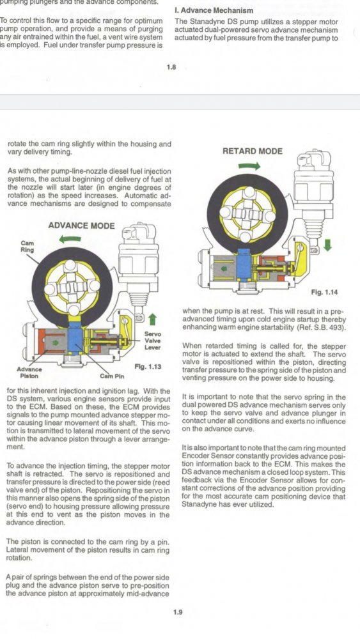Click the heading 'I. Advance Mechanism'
coord(214,10)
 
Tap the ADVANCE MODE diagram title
coord(82,226)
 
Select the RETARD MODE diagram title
coord(253,151)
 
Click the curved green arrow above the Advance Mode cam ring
coord(70,240)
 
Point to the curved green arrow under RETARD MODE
coord(249,166)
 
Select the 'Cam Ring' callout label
coord(27,246)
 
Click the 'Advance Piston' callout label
coord(29,373)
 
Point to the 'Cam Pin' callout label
coord(112,376)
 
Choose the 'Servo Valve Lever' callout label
coord(152,341)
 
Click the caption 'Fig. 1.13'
coord(148,367)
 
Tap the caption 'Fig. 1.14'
coord(324,292)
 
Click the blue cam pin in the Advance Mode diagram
coord(75,336)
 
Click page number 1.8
coord(171,68)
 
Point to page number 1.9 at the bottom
coord(178,612)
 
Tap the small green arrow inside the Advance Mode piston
coord(57,343)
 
